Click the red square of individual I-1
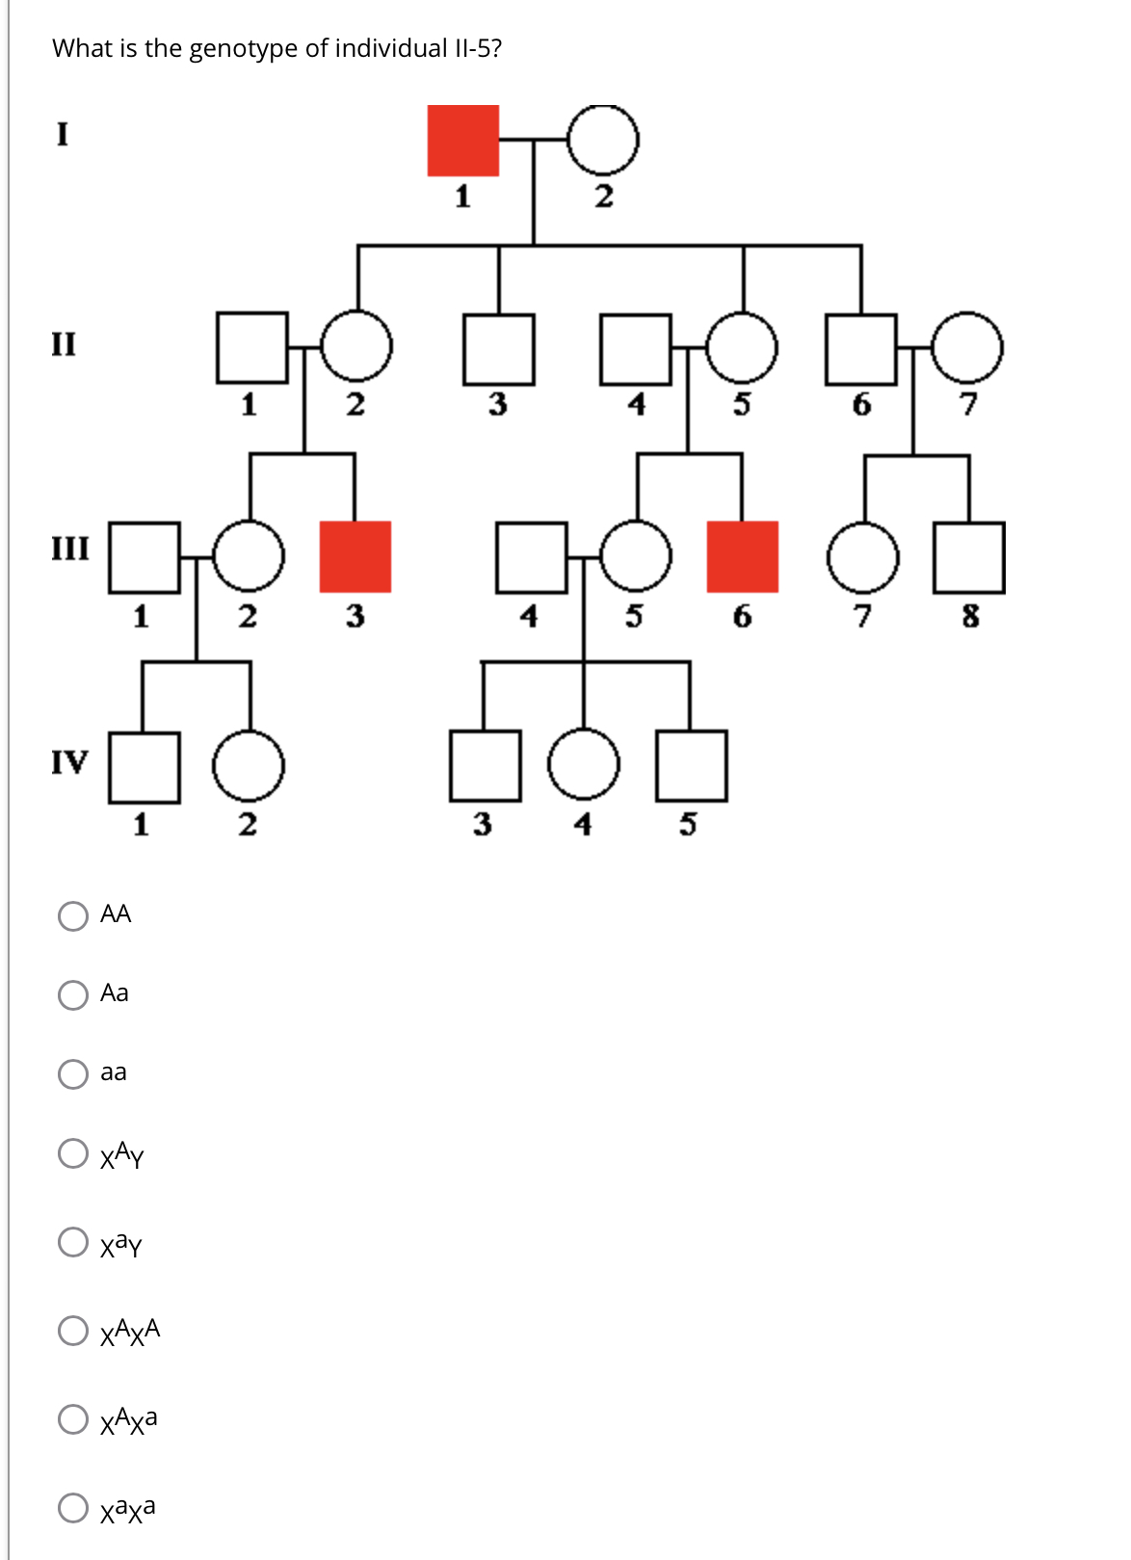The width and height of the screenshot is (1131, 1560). click(463, 141)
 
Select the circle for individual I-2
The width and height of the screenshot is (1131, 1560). click(602, 141)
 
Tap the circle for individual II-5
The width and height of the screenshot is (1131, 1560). click(742, 347)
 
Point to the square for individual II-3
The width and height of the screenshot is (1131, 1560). click(498, 348)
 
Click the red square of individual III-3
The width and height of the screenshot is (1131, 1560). click(355, 557)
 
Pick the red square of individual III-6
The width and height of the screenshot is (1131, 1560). click(742, 557)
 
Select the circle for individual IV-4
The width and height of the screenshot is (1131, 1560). click(584, 765)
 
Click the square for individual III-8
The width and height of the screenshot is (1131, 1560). click(969, 557)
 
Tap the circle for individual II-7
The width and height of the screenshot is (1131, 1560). click(967, 347)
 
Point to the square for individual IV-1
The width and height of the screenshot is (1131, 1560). click(145, 767)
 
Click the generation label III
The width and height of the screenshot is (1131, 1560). click(69, 549)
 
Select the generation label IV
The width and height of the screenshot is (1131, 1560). click(69, 762)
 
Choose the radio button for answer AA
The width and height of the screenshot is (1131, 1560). click(73, 915)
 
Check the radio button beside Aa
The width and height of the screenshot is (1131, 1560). click(73, 994)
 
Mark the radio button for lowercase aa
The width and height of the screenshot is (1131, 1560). click(73, 1073)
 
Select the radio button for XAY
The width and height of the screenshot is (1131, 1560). click(73, 1153)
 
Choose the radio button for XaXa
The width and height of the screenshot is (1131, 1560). click(73, 1508)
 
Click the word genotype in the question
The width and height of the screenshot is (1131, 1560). click(244, 49)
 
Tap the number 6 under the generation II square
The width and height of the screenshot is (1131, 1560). click(861, 405)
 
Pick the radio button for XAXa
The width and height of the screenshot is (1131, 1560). click(73, 1418)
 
